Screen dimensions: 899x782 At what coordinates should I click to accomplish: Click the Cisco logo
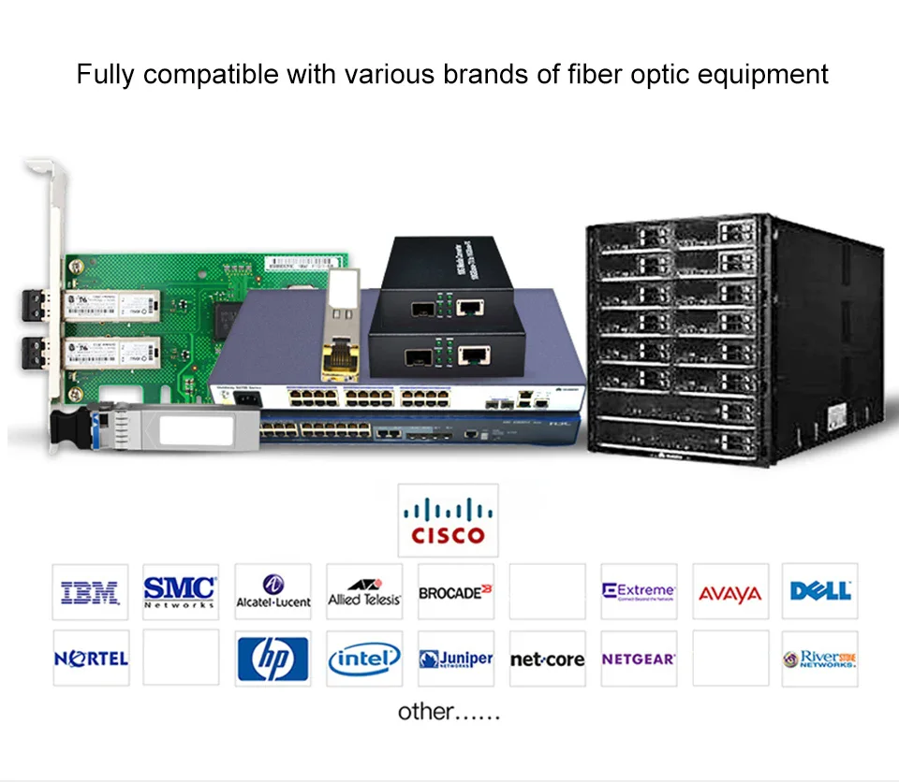tap(448, 520)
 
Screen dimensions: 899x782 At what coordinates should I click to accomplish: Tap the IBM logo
tap(90, 591)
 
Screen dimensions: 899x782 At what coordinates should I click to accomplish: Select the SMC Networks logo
tap(180, 591)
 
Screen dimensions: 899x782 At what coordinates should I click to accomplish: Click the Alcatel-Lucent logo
tap(273, 591)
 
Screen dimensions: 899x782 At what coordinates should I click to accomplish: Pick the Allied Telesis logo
tap(364, 591)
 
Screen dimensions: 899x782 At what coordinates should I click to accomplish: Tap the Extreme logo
tap(639, 591)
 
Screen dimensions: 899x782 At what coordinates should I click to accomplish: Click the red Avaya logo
tap(730, 594)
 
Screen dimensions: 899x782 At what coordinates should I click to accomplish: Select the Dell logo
tap(820, 591)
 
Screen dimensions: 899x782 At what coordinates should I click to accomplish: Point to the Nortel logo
tap(90, 659)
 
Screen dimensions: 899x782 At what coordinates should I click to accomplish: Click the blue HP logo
tap(273, 659)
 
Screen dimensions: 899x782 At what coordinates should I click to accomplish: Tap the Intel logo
tap(364, 659)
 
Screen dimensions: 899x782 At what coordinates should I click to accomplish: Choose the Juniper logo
tap(455, 659)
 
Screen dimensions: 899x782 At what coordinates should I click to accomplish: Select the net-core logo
tap(547, 659)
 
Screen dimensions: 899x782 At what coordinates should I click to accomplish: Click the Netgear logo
tap(639, 659)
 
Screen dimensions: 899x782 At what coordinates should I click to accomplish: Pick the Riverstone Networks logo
tap(820, 659)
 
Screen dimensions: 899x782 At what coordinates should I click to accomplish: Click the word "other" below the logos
tap(424, 712)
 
